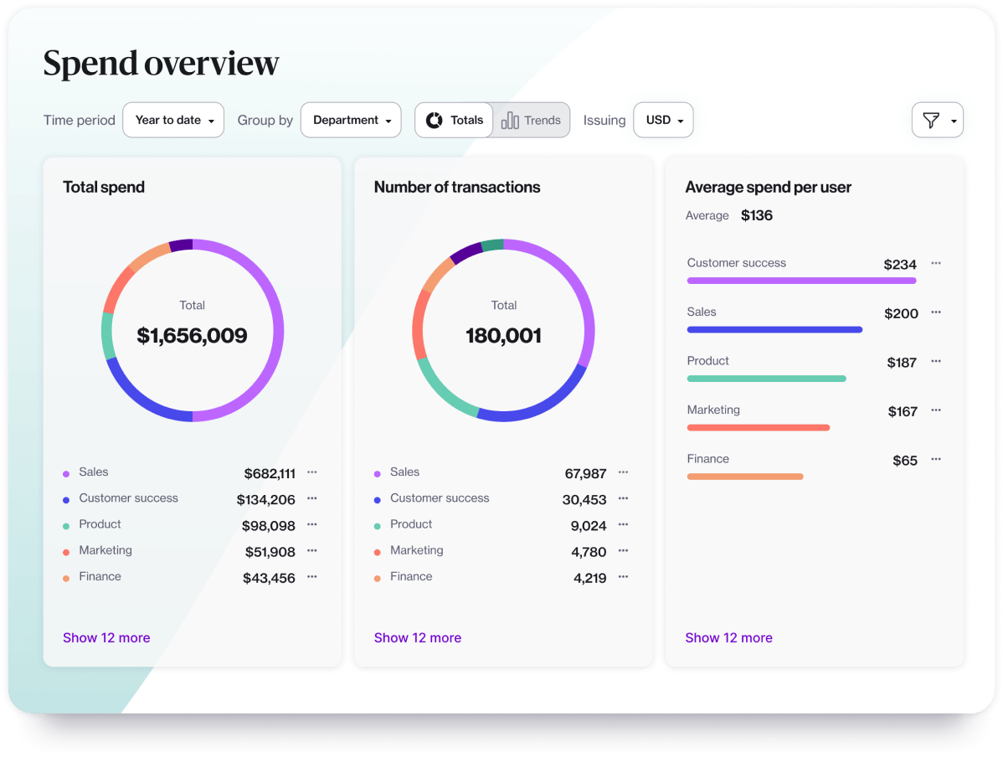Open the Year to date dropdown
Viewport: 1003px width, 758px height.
coord(173,120)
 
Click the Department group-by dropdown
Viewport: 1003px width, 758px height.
coord(351,120)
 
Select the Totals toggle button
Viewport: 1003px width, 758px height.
coord(455,120)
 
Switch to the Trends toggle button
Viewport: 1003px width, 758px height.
coord(532,120)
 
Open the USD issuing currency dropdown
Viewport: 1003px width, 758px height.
coord(663,120)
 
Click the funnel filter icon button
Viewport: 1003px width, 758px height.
coord(937,120)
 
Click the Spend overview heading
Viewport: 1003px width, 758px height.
coord(161,64)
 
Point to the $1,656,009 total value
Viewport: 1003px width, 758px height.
coord(192,336)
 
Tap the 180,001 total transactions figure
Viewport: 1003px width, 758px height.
coord(503,336)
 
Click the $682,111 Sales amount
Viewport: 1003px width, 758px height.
coord(270,474)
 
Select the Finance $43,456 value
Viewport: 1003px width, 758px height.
coord(269,578)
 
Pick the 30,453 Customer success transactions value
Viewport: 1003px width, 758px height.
coord(584,500)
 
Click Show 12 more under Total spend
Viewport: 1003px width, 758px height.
coord(106,637)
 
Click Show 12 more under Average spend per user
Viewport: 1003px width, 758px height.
coord(728,637)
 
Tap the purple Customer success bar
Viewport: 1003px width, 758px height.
coord(801,281)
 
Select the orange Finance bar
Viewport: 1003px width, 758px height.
coord(744,477)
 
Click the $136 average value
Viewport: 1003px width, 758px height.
coord(757,215)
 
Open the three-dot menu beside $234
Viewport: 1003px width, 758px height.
coord(936,263)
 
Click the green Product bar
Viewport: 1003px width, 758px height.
coord(766,379)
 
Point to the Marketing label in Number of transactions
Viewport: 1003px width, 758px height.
coord(416,550)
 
